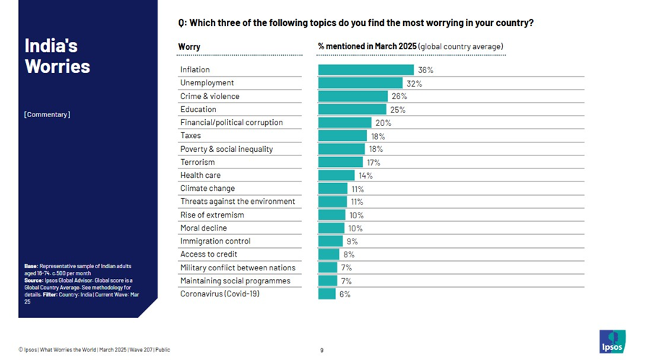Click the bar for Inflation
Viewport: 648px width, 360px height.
[366, 70]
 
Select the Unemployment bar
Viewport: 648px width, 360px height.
[360, 83]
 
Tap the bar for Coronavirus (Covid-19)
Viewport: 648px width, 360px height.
[327, 294]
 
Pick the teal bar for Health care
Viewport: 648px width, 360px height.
[337, 175]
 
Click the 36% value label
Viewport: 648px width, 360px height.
[425, 70]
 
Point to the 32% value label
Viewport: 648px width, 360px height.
[414, 83]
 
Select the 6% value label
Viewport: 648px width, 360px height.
[345, 294]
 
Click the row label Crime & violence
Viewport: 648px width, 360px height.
[209, 96]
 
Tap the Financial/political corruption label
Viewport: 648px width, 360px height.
[231, 123]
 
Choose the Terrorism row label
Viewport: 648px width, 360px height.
[197, 162]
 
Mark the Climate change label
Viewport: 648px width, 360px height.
[207, 189]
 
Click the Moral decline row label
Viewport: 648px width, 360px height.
[203, 228]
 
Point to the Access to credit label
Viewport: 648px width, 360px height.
[208, 254]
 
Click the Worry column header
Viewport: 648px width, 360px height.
[189, 47]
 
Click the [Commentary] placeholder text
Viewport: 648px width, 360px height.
[47, 114]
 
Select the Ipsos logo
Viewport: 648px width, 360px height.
[612, 341]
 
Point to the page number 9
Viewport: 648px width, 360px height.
[321, 350]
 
